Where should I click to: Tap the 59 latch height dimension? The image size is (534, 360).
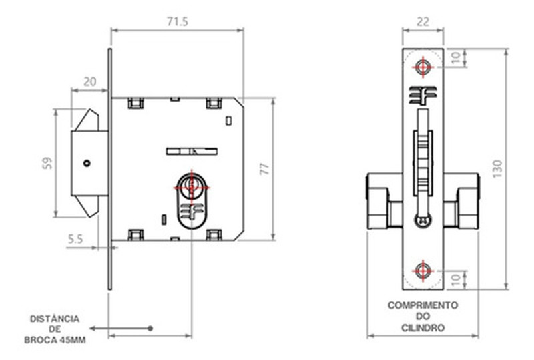click(x=47, y=163)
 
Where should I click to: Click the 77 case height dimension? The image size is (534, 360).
click(x=264, y=169)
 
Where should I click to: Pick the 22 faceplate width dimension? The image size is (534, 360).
click(x=423, y=21)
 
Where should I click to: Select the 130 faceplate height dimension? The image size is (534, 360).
click(x=497, y=169)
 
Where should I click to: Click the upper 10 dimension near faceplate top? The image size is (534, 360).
click(x=456, y=58)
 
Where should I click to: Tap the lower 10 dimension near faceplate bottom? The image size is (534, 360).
click(x=456, y=279)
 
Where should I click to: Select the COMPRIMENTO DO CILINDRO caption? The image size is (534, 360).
click(x=423, y=316)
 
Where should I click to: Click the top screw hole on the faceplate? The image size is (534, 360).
click(x=423, y=66)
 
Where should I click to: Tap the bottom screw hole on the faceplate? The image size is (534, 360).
click(x=423, y=271)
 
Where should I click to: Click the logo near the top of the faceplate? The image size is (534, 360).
click(x=423, y=95)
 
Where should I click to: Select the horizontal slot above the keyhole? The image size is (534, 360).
click(x=191, y=150)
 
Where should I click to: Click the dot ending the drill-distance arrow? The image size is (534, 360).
click(x=151, y=328)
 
